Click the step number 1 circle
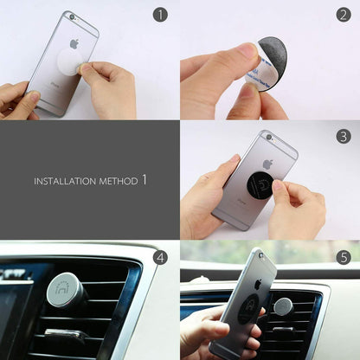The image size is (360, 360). coord(160,15)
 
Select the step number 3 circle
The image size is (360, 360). coord(344,136)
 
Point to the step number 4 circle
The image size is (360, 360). coord(160,256)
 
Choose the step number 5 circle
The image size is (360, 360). coord(342,257)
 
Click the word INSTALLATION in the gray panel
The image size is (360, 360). coord(62,182)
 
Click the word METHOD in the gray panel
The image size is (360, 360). coord(116,182)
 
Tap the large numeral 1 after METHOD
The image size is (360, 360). coord(144,180)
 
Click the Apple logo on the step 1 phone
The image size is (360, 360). coord(74,43)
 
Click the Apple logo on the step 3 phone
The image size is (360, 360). coord(268,164)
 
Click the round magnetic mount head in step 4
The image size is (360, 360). coord(64,289)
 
